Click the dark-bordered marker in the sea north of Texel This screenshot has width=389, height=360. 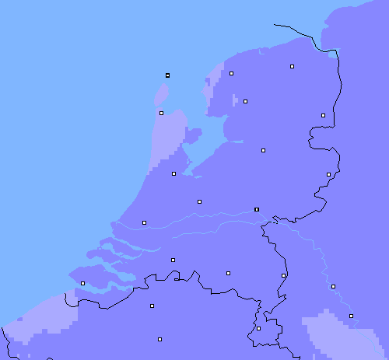(167, 75)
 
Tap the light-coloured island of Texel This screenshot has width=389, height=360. (161, 93)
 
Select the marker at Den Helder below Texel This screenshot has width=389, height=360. (161, 113)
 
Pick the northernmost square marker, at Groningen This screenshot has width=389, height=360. (292, 67)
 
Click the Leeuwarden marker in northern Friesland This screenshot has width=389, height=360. (231, 73)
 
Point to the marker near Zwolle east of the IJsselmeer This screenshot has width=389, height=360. (263, 149)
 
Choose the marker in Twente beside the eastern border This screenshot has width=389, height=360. (328, 174)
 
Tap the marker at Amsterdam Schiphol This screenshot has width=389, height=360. (173, 173)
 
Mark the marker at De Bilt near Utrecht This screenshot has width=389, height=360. (199, 201)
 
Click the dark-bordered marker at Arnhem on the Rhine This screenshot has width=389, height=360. (257, 209)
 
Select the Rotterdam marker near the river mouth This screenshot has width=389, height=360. (144, 222)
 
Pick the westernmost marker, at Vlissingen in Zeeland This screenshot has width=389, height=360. (82, 283)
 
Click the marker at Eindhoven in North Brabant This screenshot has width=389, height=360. (228, 273)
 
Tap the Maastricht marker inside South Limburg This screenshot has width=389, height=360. (258, 328)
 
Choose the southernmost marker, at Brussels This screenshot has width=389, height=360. (159, 339)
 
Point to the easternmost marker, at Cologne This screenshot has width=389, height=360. (351, 316)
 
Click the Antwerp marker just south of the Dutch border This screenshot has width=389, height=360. (152, 306)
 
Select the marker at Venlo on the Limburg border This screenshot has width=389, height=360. (283, 275)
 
